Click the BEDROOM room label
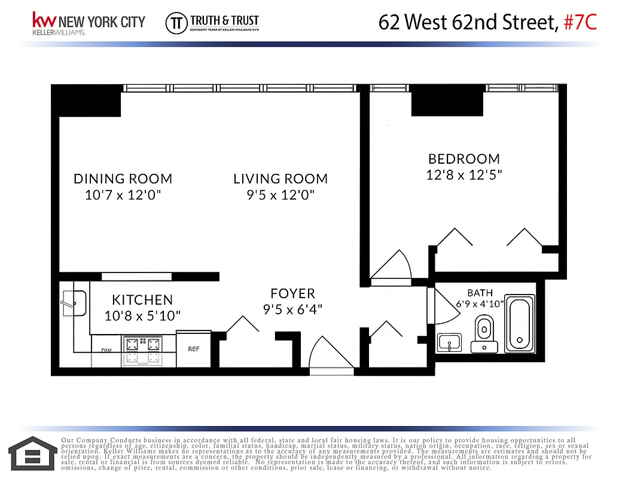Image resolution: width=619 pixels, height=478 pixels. coord(464,159)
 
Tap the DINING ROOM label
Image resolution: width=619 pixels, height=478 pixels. coord(123,179)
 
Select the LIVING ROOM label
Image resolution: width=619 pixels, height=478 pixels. coord(280,179)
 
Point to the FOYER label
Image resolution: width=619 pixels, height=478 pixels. coord(292,293)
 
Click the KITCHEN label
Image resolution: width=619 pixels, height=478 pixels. coord(142,300)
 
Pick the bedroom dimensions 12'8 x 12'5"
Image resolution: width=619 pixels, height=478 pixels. coord(464,175)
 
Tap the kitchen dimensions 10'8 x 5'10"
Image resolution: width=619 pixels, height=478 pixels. coord(142,315)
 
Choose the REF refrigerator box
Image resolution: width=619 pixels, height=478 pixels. coord(194,348)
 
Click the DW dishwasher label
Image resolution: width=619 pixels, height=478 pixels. coord(106,351)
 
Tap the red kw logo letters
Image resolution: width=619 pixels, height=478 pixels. coord(50,20)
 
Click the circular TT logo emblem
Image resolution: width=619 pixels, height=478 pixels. coord(175,22)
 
